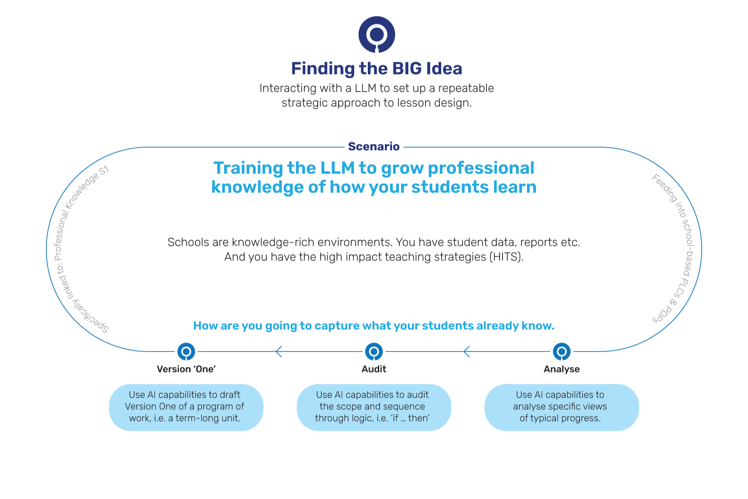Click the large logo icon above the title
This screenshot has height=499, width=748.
pos(377,34)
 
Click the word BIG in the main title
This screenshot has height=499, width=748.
pos(407,69)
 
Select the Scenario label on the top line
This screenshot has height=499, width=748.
pos(374,147)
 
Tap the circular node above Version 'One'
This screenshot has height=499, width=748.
pos(186,352)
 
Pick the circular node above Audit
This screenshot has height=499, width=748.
pos(374,352)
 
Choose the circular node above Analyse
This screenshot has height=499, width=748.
pos(562,352)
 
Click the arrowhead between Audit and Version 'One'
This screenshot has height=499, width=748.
pos(279,352)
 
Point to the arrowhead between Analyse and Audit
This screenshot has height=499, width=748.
pos(466,352)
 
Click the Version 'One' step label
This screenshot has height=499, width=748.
pos(186,369)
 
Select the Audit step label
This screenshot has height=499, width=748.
pos(374,369)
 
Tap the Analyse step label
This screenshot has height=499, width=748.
pos(562,369)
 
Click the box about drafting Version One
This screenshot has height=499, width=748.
pos(186,407)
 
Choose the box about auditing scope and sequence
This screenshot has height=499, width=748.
pos(374,407)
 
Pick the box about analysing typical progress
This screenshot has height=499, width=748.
pos(561,407)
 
